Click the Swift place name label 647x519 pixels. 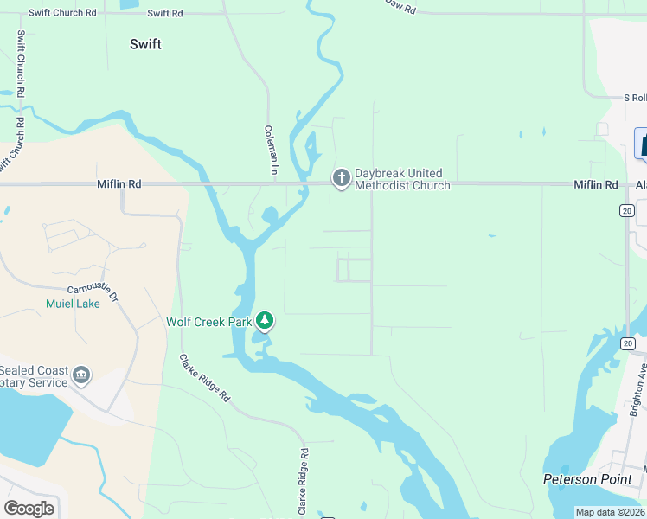pyautogui.click(x=145, y=44)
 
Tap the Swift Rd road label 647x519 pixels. pyautogui.click(x=164, y=14)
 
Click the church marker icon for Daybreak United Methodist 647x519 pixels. pyautogui.click(x=342, y=178)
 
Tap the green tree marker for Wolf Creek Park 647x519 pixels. pyautogui.click(x=265, y=322)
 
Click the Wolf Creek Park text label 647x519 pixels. pyautogui.click(x=208, y=322)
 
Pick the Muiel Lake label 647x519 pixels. pyautogui.click(x=73, y=304)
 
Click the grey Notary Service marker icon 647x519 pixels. pyautogui.click(x=81, y=375)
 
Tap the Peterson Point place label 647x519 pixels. pyautogui.click(x=593, y=479)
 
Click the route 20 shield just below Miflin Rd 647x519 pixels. pyautogui.click(x=626, y=210)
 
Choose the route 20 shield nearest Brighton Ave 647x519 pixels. pyautogui.click(x=626, y=343)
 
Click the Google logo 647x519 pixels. pyautogui.click(x=29, y=509)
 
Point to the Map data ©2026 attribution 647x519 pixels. pyautogui.click(x=610, y=512)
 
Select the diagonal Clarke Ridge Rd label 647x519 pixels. pyautogui.click(x=205, y=378)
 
